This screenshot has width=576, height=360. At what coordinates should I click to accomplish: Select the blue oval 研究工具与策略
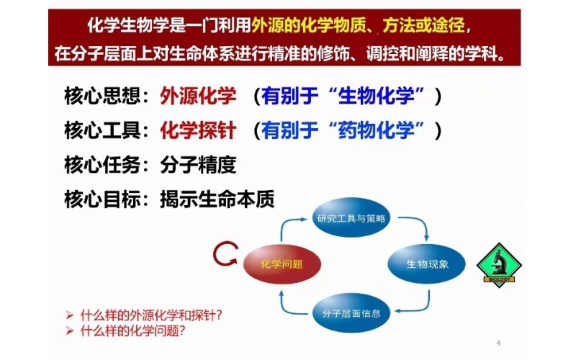point(352,218)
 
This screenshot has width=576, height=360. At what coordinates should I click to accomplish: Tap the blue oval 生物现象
point(428,264)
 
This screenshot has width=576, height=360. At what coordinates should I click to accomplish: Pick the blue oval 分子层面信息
point(351,313)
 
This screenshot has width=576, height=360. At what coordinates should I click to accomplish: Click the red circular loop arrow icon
point(225,253)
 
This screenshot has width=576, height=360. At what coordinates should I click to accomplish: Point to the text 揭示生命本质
point(217,199)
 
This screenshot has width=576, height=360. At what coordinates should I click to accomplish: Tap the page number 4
point(499,341)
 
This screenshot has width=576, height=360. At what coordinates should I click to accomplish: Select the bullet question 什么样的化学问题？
point(133,331)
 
